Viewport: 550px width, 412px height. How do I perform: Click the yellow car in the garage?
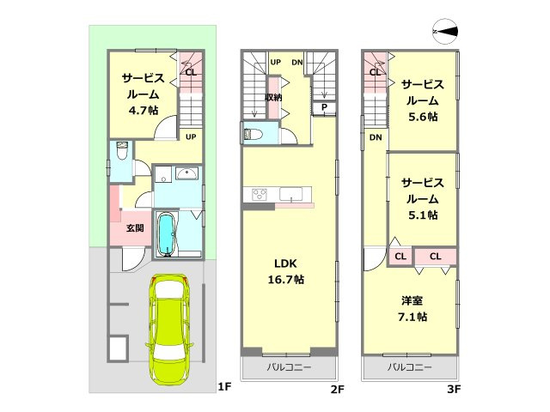169,328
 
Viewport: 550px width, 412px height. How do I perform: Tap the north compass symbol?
445,32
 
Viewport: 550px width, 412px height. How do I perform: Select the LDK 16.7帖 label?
286,271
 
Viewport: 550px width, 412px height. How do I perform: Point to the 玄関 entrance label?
135,228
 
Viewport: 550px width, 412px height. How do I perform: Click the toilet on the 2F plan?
252,134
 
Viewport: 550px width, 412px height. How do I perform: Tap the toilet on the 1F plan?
122,150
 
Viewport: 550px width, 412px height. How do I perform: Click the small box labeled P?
324,107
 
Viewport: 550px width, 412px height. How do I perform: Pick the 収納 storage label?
273,97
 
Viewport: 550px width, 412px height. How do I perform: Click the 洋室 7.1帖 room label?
412,309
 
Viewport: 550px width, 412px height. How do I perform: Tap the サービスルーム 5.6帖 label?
423,100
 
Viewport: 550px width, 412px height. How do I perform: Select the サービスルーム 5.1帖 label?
423,198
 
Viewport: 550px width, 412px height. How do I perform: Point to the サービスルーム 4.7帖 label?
144,94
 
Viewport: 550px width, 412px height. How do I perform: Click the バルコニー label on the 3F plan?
409,367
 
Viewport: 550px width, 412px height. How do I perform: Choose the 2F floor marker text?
337,389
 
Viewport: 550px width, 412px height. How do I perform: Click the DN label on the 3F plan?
376,137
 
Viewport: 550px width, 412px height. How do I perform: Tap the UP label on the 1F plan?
191,136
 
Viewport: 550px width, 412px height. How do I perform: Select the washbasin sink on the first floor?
187,173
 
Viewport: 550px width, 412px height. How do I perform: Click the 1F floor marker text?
224,387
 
